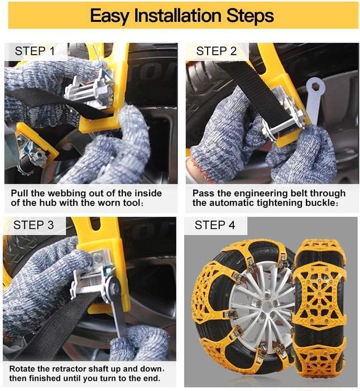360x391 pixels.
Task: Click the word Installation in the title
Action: [178, 16]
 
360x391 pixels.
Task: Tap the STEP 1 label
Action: [35, 51]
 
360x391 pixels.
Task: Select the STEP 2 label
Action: [216, 51]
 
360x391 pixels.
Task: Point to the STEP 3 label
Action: [33, 225]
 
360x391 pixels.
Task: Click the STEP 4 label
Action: [215, 225]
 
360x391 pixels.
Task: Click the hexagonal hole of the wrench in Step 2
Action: [316, 87]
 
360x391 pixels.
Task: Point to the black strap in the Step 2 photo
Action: [252, 92]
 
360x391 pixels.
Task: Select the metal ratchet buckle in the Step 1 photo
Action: [90, 90]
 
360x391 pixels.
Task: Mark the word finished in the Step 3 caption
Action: [44, 378]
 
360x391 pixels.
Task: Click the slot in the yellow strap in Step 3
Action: [95, 223]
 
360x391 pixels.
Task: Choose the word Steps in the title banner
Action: [250, 16]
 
